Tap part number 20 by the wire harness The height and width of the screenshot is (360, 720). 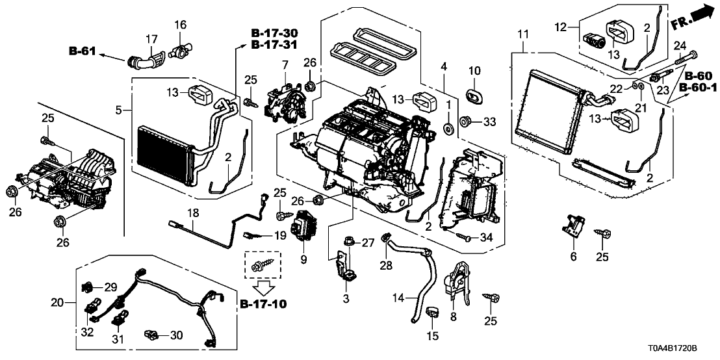coord(57,302)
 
